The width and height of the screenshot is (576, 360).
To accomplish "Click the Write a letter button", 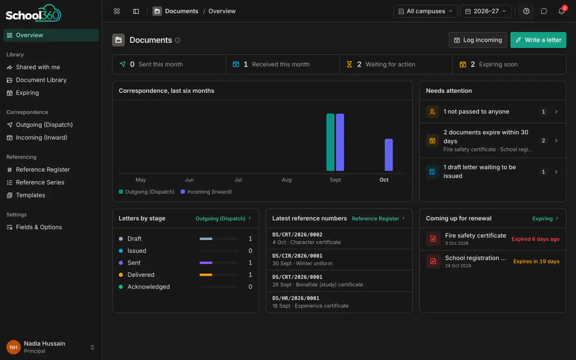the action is pos(538,40).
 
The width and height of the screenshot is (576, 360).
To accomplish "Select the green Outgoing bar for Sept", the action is pos(330,142).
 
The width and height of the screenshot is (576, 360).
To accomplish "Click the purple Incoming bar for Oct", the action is pos(389,155).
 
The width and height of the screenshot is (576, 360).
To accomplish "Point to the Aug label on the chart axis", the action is pos(286,180).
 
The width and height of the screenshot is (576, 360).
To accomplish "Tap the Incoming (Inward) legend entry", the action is pos(206,192).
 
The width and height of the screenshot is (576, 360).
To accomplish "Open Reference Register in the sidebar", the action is pos(43,170).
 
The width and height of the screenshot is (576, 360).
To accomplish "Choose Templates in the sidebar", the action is pos(30,195).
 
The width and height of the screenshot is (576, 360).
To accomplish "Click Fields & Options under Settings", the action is pos(38,227).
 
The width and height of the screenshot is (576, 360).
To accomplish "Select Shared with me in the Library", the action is pos(38,67).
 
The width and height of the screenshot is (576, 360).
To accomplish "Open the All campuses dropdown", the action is pos(426,11).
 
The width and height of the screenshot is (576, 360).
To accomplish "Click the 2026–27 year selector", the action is pos(486,11).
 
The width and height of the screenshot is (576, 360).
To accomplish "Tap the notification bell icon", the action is pos(561,11).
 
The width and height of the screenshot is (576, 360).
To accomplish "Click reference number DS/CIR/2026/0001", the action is pos(297,255).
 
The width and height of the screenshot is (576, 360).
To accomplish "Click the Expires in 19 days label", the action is pos(537,261).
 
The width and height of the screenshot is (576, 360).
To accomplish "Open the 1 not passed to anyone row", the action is pos(493,111).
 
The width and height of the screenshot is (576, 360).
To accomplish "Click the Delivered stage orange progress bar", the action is pos(206,275).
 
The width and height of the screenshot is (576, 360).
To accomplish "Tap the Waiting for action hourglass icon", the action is pos(349,65).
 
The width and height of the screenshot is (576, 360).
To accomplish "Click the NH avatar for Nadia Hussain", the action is pos(13,347).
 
